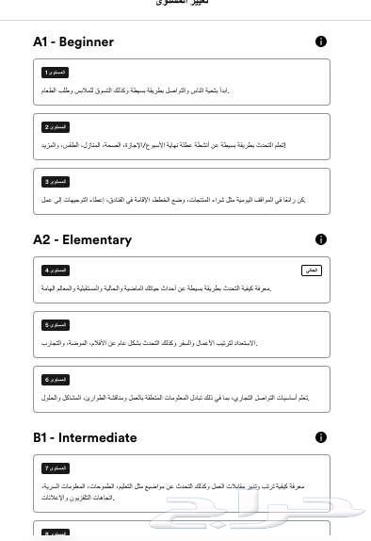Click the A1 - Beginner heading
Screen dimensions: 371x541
coord(73,41)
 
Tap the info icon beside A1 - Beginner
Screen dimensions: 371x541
coord(321,41)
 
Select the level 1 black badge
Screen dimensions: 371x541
coord(56,73)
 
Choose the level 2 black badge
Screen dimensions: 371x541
coord(56,127)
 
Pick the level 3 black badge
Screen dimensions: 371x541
coord(56,182)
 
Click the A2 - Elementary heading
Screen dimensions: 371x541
coord(83,239)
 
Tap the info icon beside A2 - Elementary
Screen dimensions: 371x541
coord(321,239)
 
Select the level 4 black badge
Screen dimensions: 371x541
coord(56,270)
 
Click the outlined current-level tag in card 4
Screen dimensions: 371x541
coord(311,270)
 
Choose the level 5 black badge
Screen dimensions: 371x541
coord(56,325)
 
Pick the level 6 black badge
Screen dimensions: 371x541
coord(56,380)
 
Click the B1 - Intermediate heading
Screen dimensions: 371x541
coord(85,437)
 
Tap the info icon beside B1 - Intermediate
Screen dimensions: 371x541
coord(321,437)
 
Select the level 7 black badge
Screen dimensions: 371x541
coord(56,468)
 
